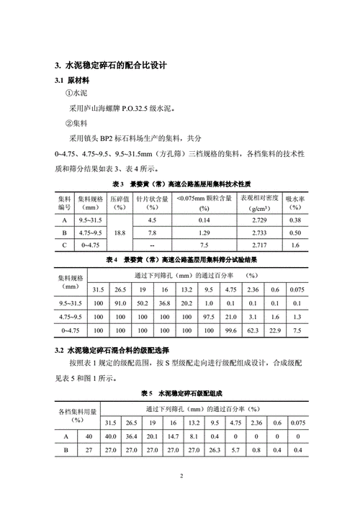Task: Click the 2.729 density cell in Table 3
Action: point(257,220)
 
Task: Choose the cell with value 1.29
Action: point(204,233)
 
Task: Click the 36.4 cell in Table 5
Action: point(131,436)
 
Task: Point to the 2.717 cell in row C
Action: point(257,246)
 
